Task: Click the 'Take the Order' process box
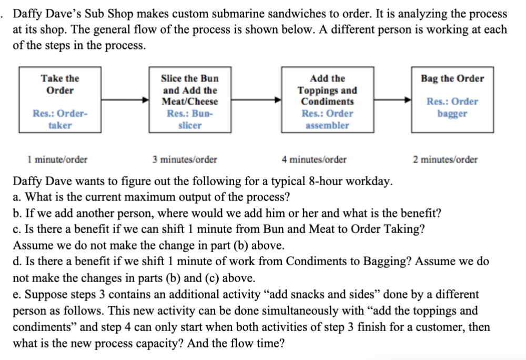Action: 60,100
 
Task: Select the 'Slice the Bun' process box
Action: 189,100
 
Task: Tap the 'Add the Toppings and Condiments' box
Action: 327,100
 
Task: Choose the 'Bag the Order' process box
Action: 452,100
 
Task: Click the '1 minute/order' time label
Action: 58,159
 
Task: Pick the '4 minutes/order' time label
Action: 315,159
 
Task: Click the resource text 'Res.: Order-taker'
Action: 60,119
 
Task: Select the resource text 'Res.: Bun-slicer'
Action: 189,119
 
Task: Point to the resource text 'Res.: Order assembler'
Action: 327,119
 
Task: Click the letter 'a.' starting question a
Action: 17,197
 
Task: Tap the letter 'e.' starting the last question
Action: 17,295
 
